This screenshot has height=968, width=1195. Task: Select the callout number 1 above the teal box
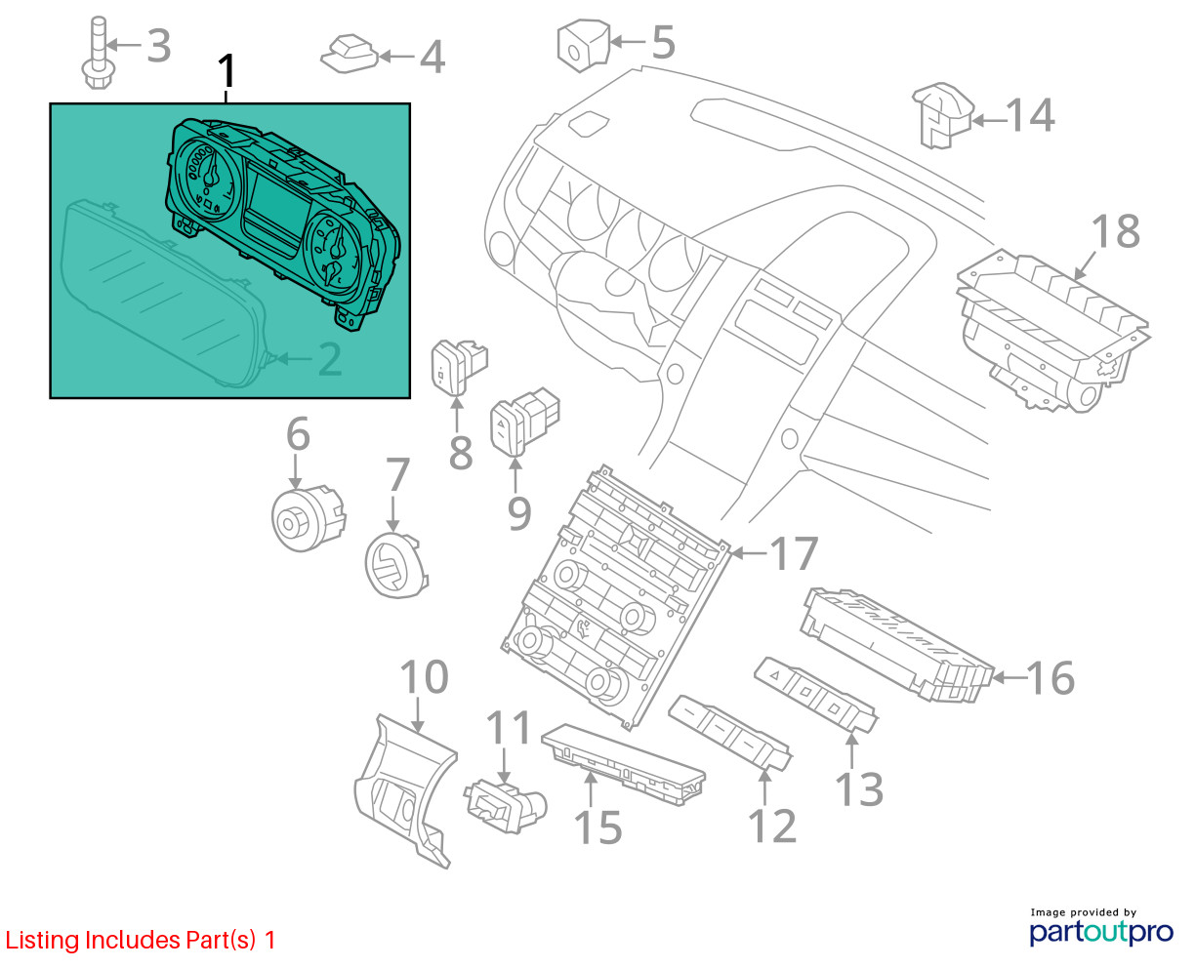[x=227, y=71]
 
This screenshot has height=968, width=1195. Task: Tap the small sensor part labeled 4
[x=350, y=54]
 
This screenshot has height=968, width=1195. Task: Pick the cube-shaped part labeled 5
[x=583, y=46]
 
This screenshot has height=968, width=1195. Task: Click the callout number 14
[x=1030, y=115]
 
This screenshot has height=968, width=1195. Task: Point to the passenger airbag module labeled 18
[x=1053, y=332]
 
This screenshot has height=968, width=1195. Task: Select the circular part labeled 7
[x=396, y=566]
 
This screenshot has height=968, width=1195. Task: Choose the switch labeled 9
[x=524, y=421]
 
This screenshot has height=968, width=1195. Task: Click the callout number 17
[x=795, y=553]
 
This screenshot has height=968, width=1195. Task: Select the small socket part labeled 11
[x=505, y=806]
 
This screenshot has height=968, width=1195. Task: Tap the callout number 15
[x=598, y=827]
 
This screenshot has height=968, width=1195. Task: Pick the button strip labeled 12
[x=730, y=732]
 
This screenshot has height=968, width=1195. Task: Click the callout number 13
[x=859, y=789]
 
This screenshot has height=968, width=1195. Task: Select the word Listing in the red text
[x=41, y=941]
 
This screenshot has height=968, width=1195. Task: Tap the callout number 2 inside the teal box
[x=330, y=359]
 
